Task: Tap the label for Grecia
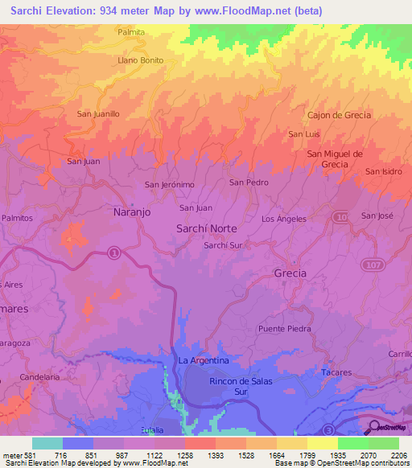click(x=290, y=273)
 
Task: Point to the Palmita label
click(x=130, y=32)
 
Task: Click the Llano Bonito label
click(x=141, y=60)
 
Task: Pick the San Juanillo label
click(x=98, y=114)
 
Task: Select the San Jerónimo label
click(x=170, y=185)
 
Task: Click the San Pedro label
click(x=249, y=183)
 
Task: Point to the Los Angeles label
click(x=284, y=219)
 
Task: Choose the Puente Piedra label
click(x=284, y=329)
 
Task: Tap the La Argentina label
click(x=204, y=360)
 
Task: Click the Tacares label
click(x=336, y=372)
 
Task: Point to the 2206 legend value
click(x=398, y=455)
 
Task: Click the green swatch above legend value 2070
click(x=352, y=443)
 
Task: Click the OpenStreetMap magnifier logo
click(x=375, y=427)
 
